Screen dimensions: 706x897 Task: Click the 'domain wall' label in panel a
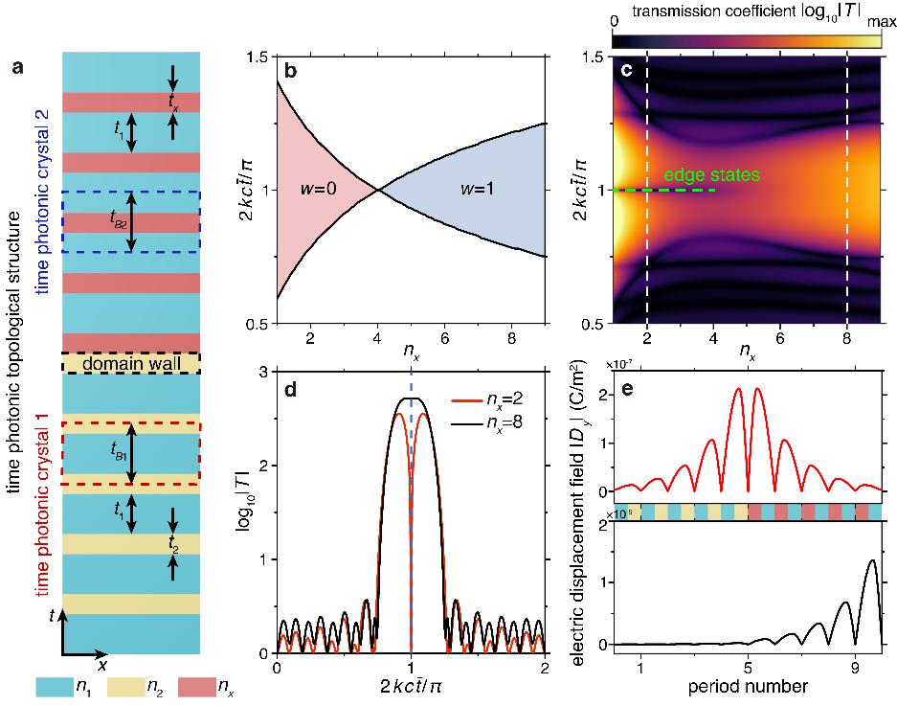(131, 363)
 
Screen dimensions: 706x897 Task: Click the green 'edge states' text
(714, 175)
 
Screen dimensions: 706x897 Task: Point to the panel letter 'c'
(625, 72)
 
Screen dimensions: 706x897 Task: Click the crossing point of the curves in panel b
(379, 190)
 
